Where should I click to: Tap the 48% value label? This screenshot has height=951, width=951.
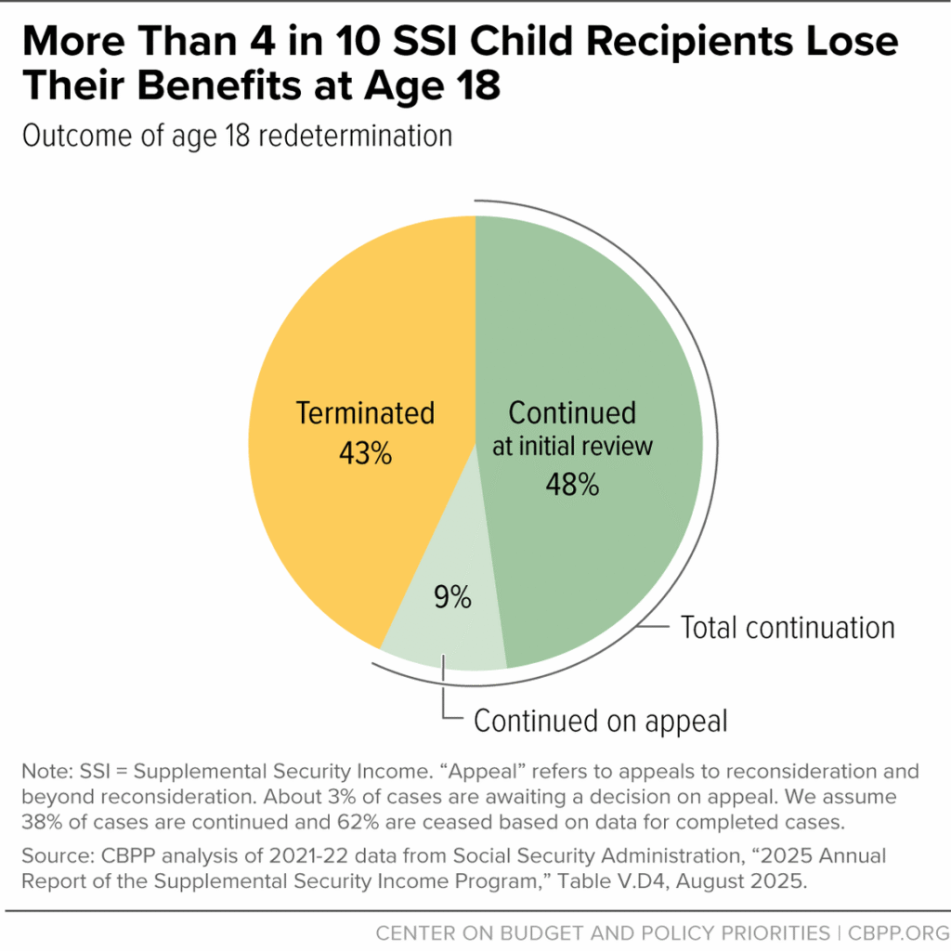point(572,484)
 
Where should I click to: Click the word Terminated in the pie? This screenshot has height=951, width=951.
point(365,413)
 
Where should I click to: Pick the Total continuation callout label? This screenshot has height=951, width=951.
point(788,627)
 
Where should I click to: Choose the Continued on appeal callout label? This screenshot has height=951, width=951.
point(601,721)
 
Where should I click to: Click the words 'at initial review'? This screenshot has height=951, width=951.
point(572,446)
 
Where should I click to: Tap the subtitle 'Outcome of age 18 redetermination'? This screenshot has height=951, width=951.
point(237,136)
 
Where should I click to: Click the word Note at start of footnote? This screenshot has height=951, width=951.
point(43,772)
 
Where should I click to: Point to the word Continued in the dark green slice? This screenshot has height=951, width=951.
point(572,413)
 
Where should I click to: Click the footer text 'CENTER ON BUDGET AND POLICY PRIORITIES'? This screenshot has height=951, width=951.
point(603,931)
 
